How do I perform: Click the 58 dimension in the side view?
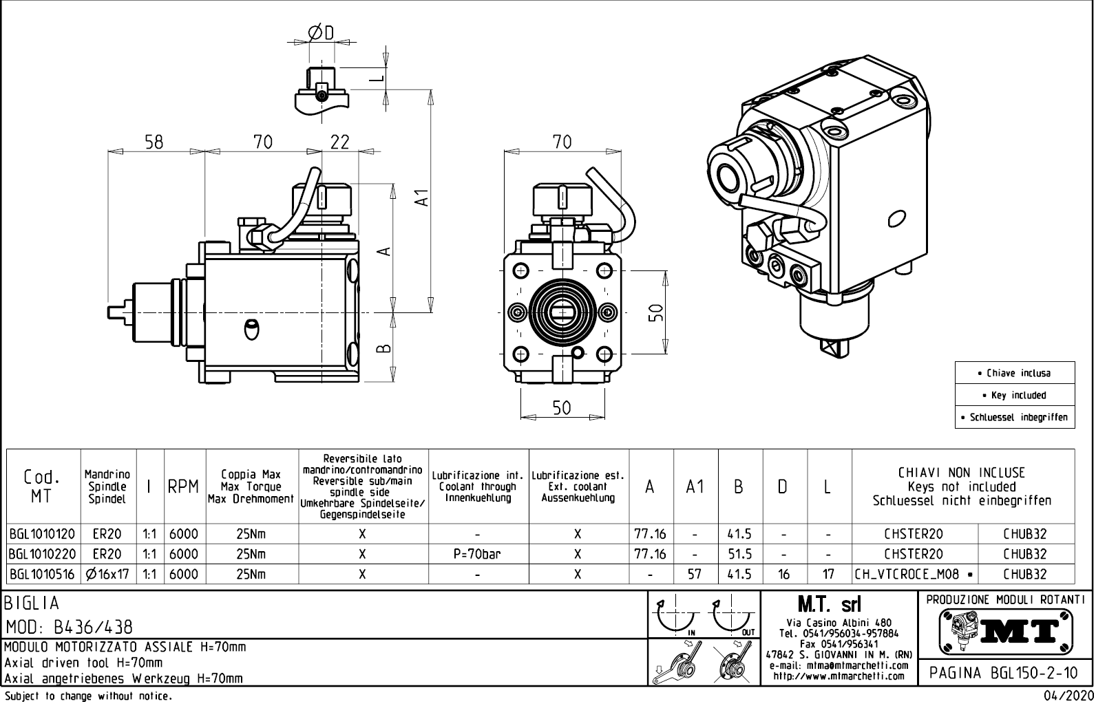pos(154,142)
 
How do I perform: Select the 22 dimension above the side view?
pos(340,142)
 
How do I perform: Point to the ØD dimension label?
pos(321,32)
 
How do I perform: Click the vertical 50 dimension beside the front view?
pos(657,312)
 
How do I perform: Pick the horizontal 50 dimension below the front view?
pos(562,407)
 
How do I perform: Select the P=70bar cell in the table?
pos(478,554)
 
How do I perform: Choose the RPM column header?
pos(184,486)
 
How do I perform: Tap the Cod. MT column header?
pos(42,486)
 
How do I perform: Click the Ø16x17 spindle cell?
pos(107,574)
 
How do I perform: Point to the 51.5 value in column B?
pos(739,554)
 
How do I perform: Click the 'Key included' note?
pos(1014,396)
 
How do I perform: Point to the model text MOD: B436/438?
pos(69,627)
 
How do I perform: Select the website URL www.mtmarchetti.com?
pos(839,676)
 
